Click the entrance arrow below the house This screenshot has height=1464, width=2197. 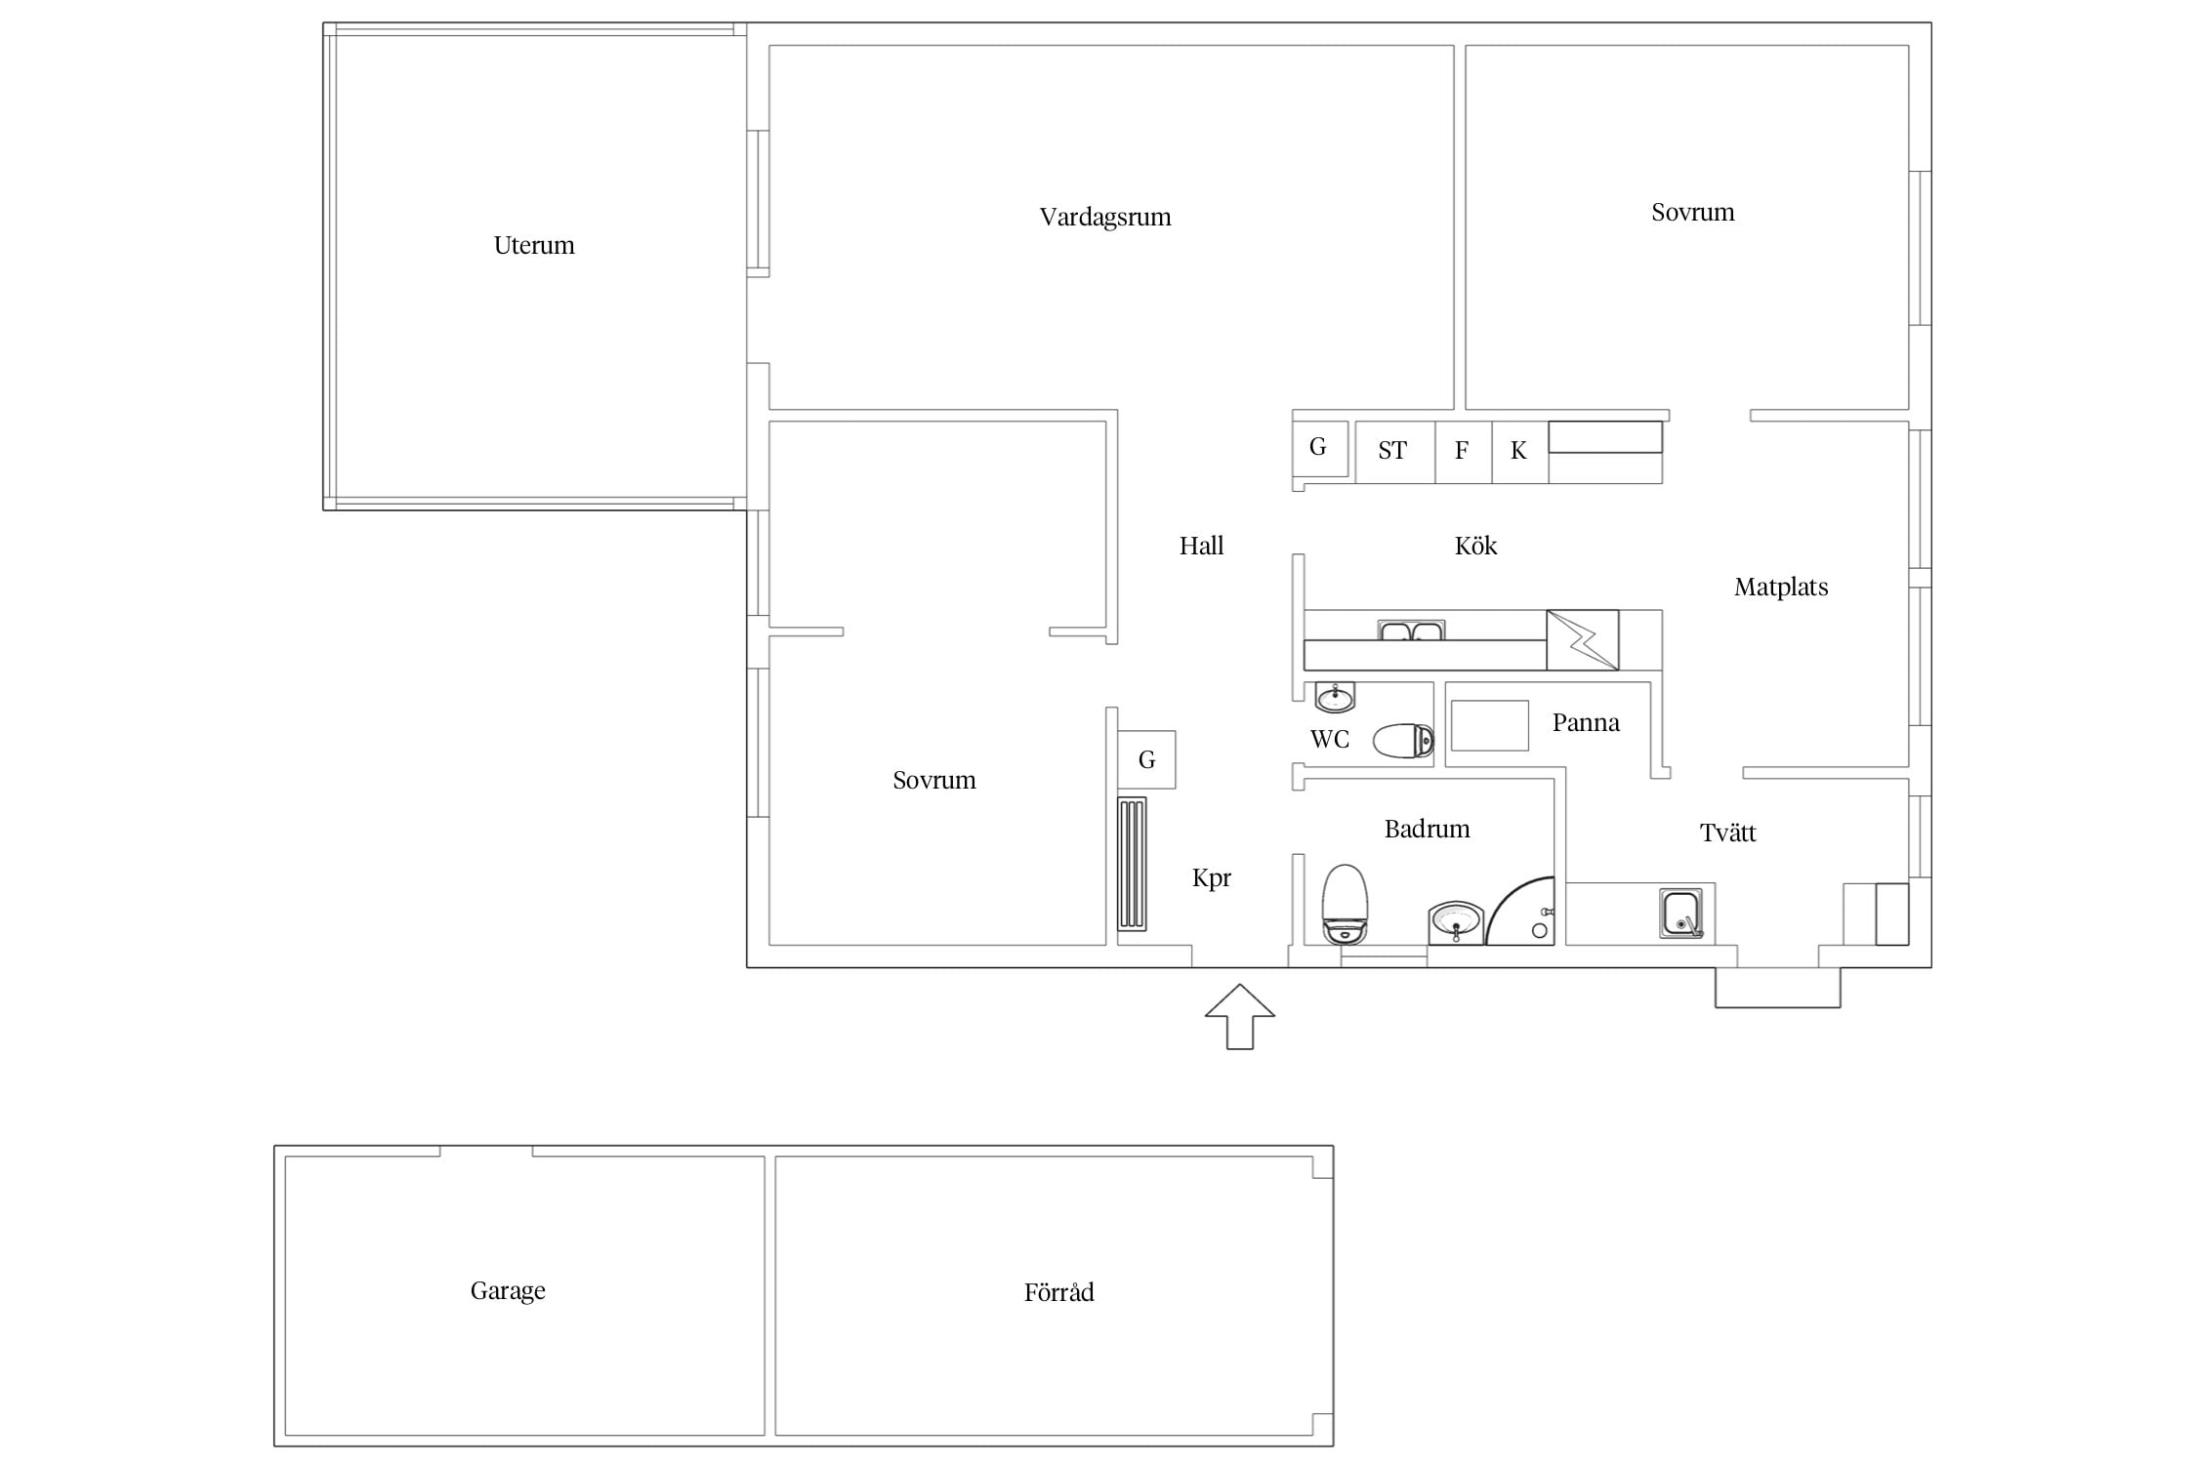point(1239,1017)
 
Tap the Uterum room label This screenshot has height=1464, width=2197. point(534,245)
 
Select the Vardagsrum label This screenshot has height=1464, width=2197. point(1105,218)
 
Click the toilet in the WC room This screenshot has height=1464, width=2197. point(1403,741)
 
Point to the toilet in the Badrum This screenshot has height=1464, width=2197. point(1345,905)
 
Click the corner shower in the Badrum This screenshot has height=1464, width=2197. point(1520,911)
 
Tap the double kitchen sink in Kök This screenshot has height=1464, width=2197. point(1411,630)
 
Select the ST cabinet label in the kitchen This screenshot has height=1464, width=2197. point(1392,451)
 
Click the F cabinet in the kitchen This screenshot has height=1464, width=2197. point(1463,452)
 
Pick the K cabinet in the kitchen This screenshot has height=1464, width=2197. point(1519,452)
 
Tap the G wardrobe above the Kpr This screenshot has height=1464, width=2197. point(1146,759)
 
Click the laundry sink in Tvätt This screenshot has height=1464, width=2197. point(1681,914)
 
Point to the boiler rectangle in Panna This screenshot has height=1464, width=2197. point(1489,725)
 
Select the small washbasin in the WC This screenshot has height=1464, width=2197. point(1335,698)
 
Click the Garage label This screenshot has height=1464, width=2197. point(508,1291)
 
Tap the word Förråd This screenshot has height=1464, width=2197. point(1058,1292)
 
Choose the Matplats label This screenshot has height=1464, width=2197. point(1781,588)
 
